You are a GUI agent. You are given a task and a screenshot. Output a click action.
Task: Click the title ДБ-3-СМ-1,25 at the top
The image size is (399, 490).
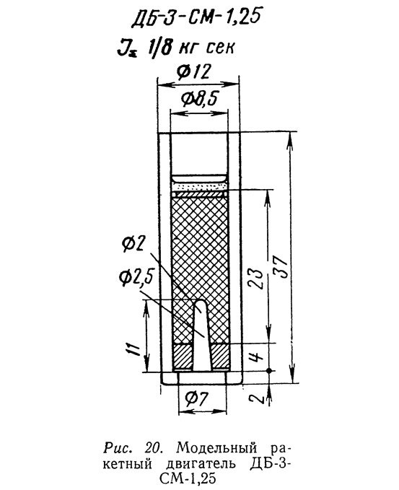(x=196, y=17)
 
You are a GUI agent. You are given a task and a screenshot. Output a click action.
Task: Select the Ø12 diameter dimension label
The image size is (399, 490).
(x=193, y=72)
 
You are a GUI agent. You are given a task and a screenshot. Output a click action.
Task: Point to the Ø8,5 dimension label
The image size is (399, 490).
(x=198, y=100)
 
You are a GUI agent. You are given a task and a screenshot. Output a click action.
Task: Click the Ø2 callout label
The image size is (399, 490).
(x=133, y=243)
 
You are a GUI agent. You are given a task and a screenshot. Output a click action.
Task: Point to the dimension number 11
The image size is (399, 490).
(x=133, y=349)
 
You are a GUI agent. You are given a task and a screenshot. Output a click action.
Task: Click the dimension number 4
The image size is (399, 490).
(x=255, y=356)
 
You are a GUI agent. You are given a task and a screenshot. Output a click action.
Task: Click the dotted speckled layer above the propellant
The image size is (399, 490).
(x=200, y=186)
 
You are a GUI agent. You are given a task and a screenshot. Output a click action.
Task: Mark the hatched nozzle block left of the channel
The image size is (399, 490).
(x=183, y=356)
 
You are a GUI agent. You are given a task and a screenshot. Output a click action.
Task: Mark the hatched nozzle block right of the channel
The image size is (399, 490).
(x=220, y=356)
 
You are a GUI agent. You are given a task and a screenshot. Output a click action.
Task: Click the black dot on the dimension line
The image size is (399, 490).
(x=269, y=371)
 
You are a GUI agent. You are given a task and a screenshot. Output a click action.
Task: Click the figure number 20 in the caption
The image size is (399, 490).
(x=154, y=449)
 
